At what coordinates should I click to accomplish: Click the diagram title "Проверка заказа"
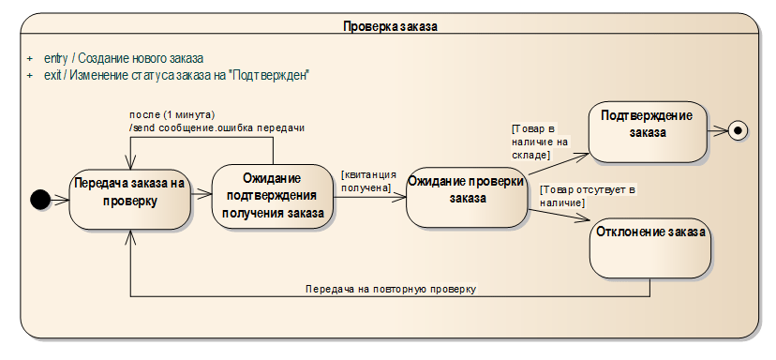[x=390, y=26]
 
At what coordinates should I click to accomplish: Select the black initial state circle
[x=40, y=200]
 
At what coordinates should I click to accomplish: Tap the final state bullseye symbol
[x=738, y=130]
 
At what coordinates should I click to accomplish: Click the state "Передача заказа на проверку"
[x=129, y=199]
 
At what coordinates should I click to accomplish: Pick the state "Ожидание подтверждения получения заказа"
[x=272, y=197]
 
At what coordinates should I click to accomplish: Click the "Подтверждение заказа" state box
[x=648, y=132]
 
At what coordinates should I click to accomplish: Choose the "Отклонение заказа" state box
[x=650, y=248]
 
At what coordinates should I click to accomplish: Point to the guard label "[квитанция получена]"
[x=368, y=181]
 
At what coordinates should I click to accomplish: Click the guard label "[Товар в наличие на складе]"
[x=540, y=142]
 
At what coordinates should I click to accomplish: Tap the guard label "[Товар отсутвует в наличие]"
[x=588, y=196]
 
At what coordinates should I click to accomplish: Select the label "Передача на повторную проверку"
[x=391, y=289]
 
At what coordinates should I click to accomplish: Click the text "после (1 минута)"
[x=172, y=115]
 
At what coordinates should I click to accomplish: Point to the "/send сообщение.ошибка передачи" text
[x=216, y=127]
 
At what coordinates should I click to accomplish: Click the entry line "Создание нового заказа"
[x=124, y=58]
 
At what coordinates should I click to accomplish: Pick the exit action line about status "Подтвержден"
[x=177, y=75]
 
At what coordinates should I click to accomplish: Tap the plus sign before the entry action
[x=30, y=58]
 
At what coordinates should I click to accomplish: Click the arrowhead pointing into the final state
[x=723, y=130]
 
